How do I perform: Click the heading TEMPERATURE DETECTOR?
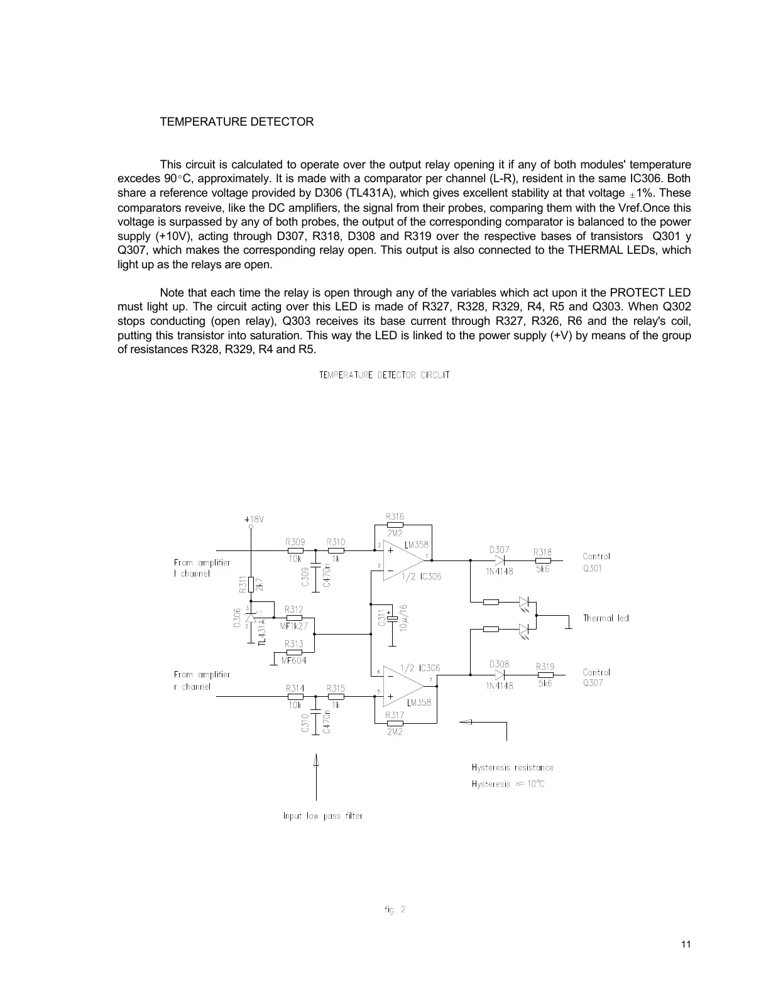click(x=237, y=122)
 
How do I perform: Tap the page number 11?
click(x=686, y=944)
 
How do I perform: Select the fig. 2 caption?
click(x=395, y=909)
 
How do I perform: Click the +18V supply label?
click(x=253, y=520)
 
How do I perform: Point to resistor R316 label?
click(x=395, y=516)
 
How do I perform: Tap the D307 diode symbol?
click(x=500, y=560)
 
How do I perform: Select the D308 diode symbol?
click(x=500, y=675)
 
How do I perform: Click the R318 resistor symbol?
click(x=543, y=560)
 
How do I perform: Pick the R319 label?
click(x=545, y=666)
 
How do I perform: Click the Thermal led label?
click(x=606, y=618)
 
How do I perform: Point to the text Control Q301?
click(x=596, y=562)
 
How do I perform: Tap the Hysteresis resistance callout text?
click(x=512, y=767)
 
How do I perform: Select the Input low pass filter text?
click(x=323, y=816)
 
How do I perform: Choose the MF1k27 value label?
click(x=294, y=626)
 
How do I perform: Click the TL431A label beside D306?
click(x=262, y=631)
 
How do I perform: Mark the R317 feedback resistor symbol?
click(x=395, y=723)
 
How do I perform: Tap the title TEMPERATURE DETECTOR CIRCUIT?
click(x=385, y=375)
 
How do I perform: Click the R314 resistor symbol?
click(x=295, y=696)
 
